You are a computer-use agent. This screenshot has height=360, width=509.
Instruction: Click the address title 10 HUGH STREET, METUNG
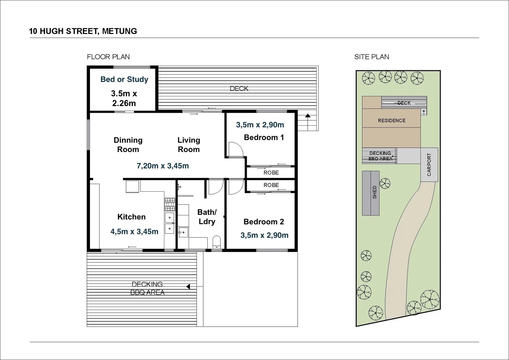coord(83,31)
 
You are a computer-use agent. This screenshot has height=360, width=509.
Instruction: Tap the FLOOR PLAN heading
coord(108,57)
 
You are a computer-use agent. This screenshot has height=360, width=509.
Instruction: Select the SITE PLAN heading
coord(372,57)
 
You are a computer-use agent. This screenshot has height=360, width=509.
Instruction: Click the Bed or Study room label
coord(124,79)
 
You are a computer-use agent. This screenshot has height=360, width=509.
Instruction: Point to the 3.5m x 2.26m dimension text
coord(124,98)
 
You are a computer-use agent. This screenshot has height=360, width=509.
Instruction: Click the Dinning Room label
coord(128,145)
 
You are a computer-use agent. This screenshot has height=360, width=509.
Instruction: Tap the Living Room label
coord(189,145)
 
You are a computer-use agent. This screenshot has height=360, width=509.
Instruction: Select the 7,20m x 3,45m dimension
coord(163,166)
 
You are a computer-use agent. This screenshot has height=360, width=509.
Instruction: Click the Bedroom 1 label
coord(264,137)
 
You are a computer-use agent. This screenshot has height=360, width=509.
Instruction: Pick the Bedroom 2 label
coord(264,222)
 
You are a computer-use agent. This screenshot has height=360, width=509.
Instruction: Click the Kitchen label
coord(131,217)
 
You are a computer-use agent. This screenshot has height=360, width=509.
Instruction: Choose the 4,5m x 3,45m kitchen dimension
coord(134,232)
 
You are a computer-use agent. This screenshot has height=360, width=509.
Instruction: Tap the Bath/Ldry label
coord(207,217)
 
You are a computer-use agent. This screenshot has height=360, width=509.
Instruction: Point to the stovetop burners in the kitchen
coord(170,204)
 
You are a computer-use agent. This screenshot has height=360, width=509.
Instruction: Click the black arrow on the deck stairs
coord(308,116)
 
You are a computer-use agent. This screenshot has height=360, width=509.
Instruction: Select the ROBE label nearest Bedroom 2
coord(271,185)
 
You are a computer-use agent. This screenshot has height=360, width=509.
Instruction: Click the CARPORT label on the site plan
coord(429,165)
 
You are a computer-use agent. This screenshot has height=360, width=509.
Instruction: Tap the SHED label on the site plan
coord(374,193)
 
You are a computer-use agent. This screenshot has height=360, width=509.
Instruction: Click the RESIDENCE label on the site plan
coord(392,121)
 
